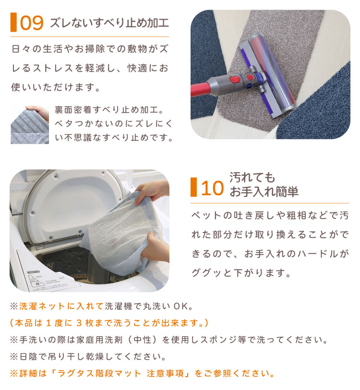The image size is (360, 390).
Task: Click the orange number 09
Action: (32, 23)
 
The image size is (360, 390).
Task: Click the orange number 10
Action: (212, 188)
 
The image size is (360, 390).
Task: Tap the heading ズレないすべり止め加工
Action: (109, 23)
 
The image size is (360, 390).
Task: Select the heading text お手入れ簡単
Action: (264, 192)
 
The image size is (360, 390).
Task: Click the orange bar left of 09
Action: (13, 23)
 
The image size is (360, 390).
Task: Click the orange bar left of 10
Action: (193, 187)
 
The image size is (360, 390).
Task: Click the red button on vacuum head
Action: (235, 79)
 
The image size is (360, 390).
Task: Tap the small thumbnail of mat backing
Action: (30, 124)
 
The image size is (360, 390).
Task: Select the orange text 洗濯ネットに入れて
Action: (61, 306)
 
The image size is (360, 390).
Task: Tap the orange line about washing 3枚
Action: (109, 323)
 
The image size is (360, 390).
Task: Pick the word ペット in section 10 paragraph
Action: (206, 215)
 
